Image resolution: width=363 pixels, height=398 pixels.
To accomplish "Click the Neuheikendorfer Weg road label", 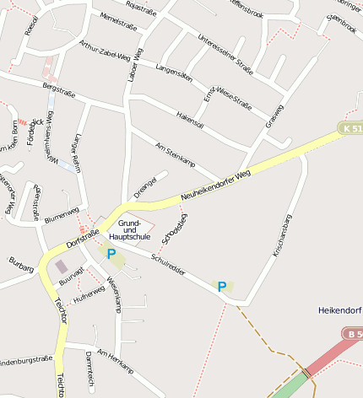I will pyautogui.click(x=216, y=186).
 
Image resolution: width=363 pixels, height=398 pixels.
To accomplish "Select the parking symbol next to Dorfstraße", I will pyautogui.click(x=111, y=253).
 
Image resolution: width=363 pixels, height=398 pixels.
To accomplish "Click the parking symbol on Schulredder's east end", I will pyautogui.click(x=222, y=287).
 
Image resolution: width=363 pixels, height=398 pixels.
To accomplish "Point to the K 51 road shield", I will pyautogui.click(x=351, y=128).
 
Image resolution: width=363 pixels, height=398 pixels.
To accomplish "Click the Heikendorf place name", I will pyautogui.click(x=339, y=310).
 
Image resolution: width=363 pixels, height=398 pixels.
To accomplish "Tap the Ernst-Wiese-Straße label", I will pyautogui.click(x=228, y=98).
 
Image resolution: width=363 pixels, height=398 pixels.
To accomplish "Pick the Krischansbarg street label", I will pyautogui.click(x=282, y=235).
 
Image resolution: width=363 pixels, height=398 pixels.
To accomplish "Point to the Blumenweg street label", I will pyautogui.click(x=61, y=214).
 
